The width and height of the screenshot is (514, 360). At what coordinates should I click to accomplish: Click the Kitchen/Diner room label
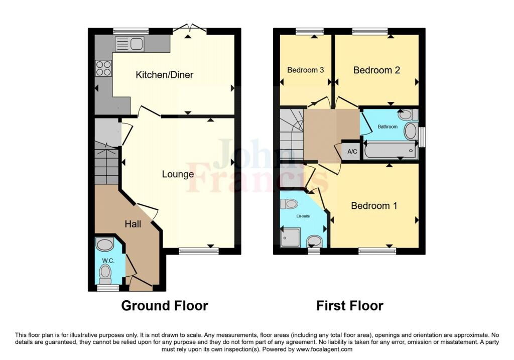(165, 75)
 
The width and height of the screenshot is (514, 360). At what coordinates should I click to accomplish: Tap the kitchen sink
(130, 44)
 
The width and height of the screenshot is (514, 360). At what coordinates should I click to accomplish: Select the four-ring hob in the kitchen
(103, 68)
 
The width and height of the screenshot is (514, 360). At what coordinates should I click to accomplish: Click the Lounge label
(178, 174)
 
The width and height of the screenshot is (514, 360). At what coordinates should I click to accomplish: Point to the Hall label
(133, 224)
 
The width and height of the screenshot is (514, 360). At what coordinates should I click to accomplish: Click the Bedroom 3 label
(305, 70)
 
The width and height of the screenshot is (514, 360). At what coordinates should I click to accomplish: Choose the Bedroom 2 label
(376, 70)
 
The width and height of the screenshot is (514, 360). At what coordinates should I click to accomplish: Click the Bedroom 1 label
(374, 205)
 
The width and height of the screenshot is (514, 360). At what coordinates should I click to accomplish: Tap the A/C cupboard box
(350, 151)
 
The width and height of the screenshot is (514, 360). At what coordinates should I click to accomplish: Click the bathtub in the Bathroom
(391, 150)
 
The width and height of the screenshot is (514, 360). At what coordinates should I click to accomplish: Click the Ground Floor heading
(165, 305)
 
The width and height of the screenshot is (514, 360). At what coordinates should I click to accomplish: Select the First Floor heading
(350, 305)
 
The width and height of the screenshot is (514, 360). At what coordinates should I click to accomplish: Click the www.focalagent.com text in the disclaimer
(324, 349)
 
